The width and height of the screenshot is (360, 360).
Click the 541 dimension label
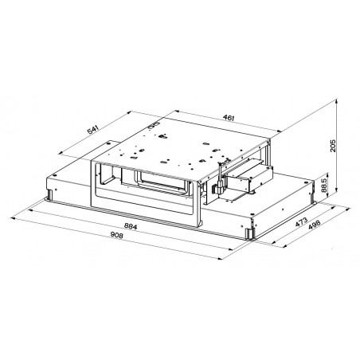click(x=93, y=130)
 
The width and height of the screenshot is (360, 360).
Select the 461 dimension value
click(x=229, y=117)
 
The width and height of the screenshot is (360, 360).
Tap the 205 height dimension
click(x=332, y=146)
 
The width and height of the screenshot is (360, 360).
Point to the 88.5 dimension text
click(x=324, y=185)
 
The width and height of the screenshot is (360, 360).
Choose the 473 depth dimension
click(x=301, y=222)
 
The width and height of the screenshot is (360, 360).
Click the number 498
click(x=314, y=225)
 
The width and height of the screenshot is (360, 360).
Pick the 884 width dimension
click(x=131, y=226)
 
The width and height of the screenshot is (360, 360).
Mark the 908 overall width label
click(x=116, y=235)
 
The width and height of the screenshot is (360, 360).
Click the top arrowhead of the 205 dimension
click(x=336, y=101)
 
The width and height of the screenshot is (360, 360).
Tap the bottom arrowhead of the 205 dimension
click(x=336, y=190)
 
